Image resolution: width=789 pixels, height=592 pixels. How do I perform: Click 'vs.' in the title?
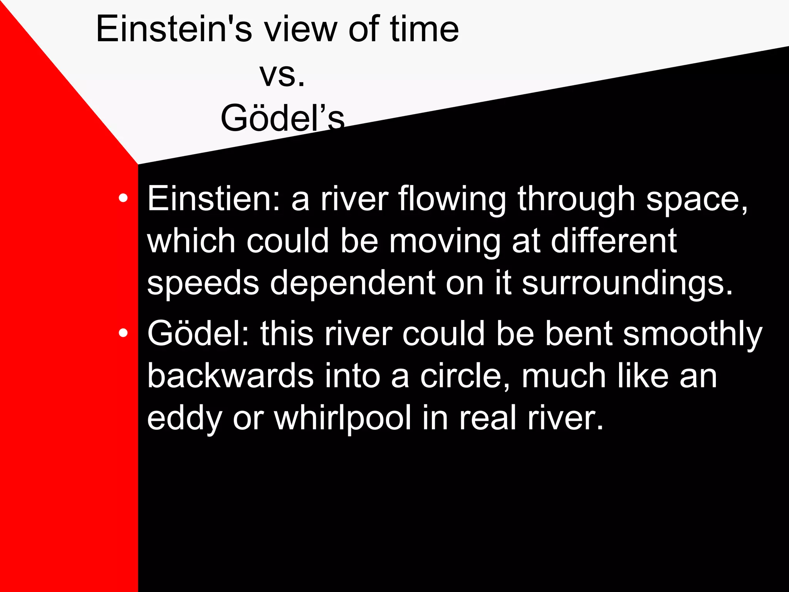point(282,75)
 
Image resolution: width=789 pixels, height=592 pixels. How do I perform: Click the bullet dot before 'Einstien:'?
point(123,198)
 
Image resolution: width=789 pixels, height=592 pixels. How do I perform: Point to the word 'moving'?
point(445,242)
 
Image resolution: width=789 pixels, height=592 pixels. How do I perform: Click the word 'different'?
point(613,240)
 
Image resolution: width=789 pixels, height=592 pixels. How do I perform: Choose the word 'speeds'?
point(203,284)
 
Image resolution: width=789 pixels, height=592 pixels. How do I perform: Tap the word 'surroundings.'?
point(627,284)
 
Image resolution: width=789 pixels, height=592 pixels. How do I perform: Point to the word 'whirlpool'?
point(343,419)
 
